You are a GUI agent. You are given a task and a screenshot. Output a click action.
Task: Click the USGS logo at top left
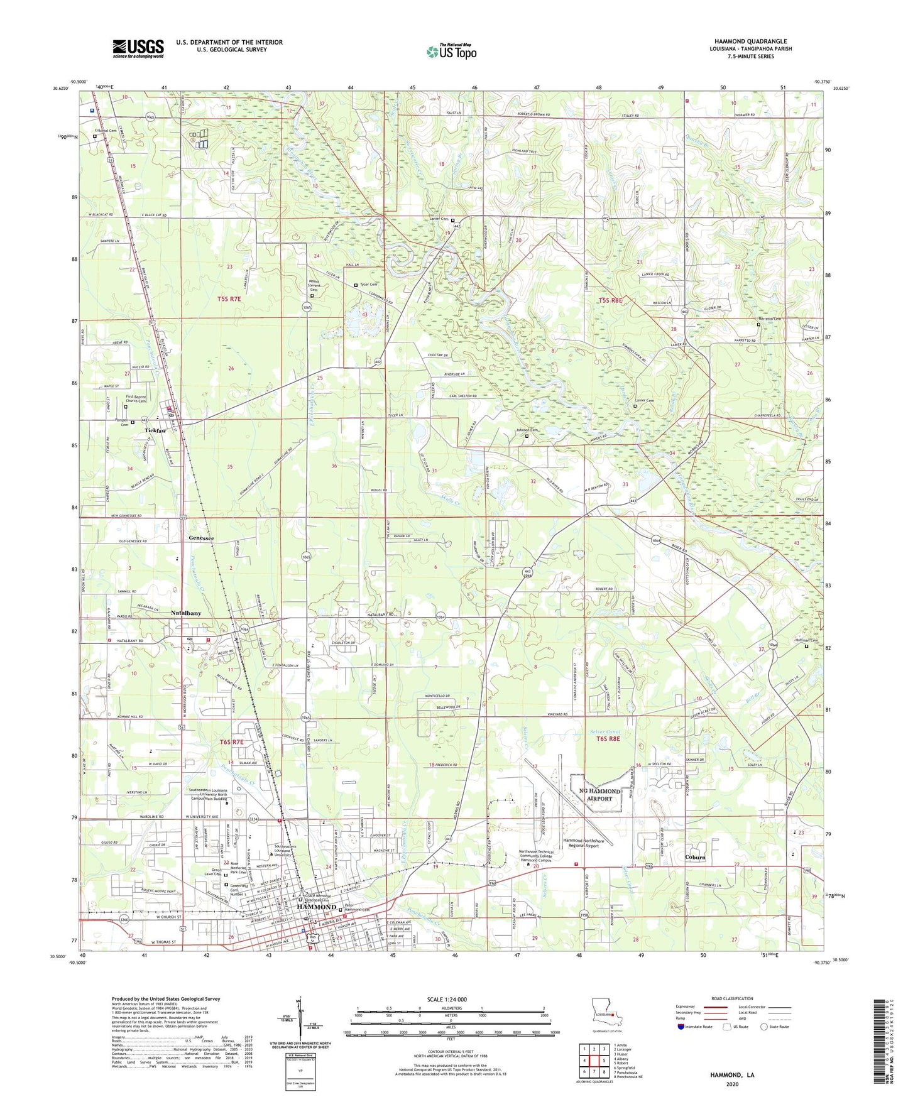[138, 48]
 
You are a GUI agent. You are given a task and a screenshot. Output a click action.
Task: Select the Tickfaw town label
[156, 430]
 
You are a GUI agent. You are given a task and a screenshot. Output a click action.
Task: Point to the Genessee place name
[201, 538]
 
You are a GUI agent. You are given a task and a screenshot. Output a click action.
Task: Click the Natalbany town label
[186, 613]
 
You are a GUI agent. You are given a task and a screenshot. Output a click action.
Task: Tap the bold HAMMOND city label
[317, 907]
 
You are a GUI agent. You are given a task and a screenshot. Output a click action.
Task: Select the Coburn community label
[696, 858]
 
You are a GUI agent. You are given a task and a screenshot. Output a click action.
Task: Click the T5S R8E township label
[610, 301]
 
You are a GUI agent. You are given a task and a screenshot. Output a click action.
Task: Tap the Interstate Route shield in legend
[681, 1027]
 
